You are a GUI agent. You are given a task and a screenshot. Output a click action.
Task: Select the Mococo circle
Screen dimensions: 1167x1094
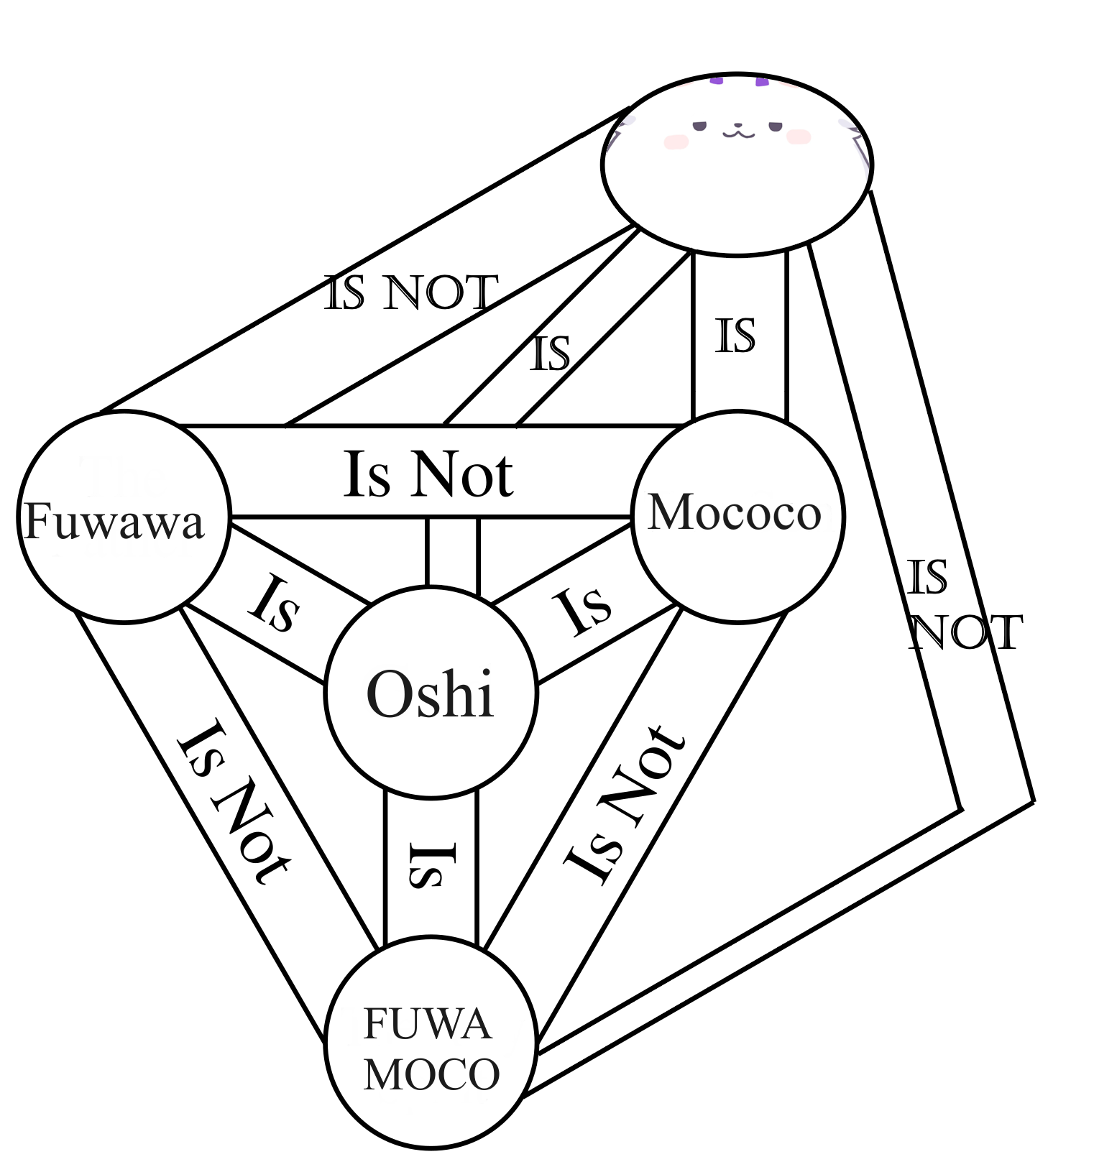736,513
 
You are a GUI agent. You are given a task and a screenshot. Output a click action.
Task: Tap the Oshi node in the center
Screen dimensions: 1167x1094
431,693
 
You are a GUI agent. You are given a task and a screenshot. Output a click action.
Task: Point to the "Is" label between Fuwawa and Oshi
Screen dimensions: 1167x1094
273,604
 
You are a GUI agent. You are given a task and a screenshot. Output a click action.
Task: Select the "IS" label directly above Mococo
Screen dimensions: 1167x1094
735,336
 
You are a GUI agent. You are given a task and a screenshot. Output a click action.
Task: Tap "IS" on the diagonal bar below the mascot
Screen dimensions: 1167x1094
550,353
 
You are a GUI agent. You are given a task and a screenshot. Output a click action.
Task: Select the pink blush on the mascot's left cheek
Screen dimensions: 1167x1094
676,141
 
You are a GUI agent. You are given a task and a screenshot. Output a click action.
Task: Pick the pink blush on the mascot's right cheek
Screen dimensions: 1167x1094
799,137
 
